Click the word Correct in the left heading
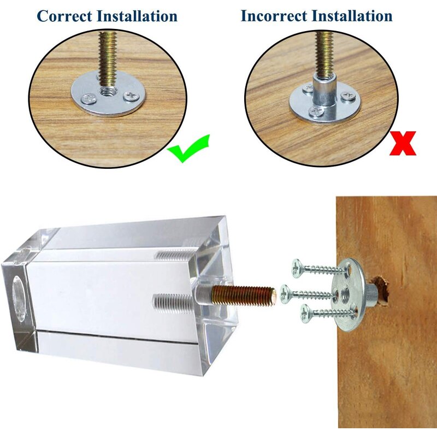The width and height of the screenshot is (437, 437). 64,16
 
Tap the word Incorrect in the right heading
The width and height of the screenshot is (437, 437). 274,16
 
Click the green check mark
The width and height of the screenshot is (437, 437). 188,148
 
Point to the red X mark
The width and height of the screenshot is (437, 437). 403,143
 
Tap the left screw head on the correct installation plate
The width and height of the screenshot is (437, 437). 88,99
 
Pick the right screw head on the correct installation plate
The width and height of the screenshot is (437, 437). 132,96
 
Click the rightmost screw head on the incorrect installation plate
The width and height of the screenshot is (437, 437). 348,95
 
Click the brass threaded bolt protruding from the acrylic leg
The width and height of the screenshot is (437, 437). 243,295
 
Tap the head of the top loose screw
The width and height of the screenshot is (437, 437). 296,268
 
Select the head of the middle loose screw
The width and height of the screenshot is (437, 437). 285,294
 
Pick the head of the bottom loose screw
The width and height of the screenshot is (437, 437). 305,314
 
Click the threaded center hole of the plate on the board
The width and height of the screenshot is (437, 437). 346,293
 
